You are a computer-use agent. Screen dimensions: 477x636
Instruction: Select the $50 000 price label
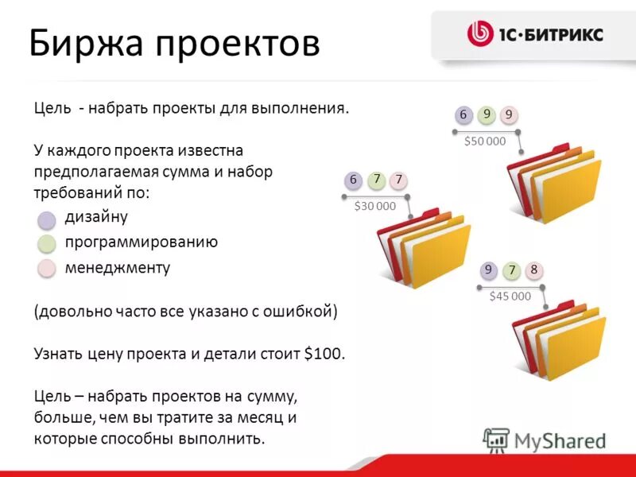tap(485, 142)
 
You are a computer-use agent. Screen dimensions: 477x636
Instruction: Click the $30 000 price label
tap(375, 206)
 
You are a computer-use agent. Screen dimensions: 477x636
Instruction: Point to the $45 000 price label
tap(510, 297)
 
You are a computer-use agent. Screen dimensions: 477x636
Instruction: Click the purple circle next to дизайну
tap(48, 219)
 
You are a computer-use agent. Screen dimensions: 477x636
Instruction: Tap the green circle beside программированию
tap(48, 243)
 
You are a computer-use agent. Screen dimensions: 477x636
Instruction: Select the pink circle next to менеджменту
tap(48, 268)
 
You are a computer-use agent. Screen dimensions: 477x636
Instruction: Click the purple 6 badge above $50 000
tap(463, 114)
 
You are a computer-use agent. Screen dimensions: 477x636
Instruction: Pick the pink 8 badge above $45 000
tap(534, 270)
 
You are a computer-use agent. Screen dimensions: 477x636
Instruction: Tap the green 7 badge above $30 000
tap(376, 180)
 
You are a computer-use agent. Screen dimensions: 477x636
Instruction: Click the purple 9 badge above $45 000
tap(488, 270)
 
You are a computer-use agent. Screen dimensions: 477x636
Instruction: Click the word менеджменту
tap(118, 268)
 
